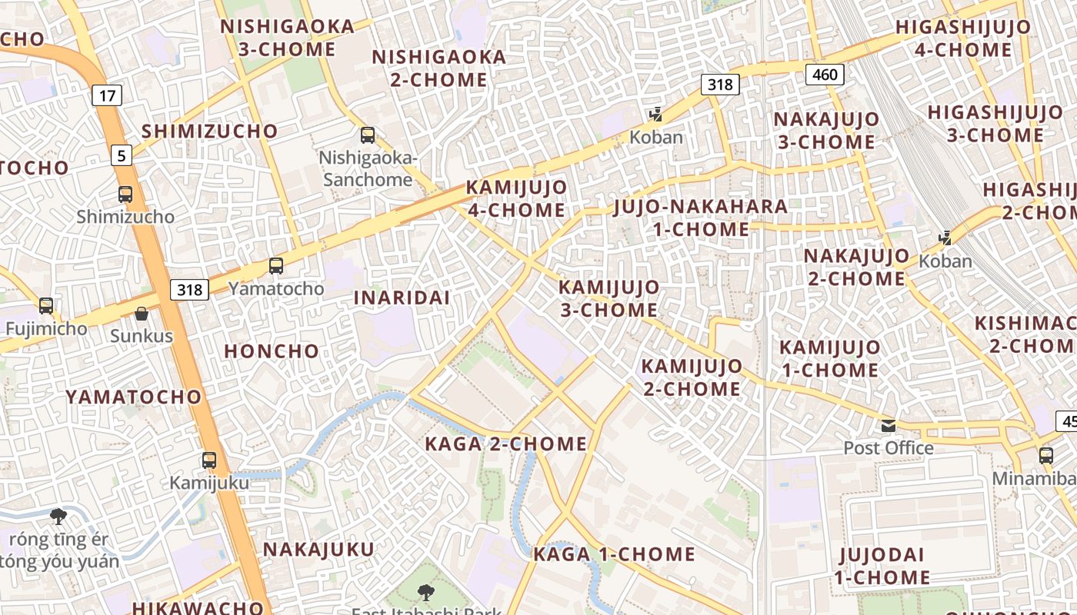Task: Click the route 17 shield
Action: click(108, 95)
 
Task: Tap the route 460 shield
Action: click(825, 75)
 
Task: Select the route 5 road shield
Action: click(121, 155)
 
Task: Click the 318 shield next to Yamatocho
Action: click(189, 289)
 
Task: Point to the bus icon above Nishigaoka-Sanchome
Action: click(368, 135)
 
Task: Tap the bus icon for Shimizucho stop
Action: click(125, 194)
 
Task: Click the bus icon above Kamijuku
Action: click(209, 460)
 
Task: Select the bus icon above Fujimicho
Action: click(46, 306)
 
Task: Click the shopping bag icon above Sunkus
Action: click(142, 313)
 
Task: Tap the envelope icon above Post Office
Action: click(889, 425)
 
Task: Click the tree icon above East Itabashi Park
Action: click(425, 592)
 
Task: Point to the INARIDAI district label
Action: click(402, 298)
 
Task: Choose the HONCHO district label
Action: click(271, 351)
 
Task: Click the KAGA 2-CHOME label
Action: click(506, 444)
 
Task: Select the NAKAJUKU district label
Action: click(318, 550)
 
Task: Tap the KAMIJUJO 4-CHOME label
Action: click(516, 198)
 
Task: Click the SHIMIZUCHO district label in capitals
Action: click(209, 131)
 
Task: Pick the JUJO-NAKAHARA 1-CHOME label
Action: click(700, 218)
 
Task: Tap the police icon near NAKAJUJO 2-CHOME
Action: click(945, 238)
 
